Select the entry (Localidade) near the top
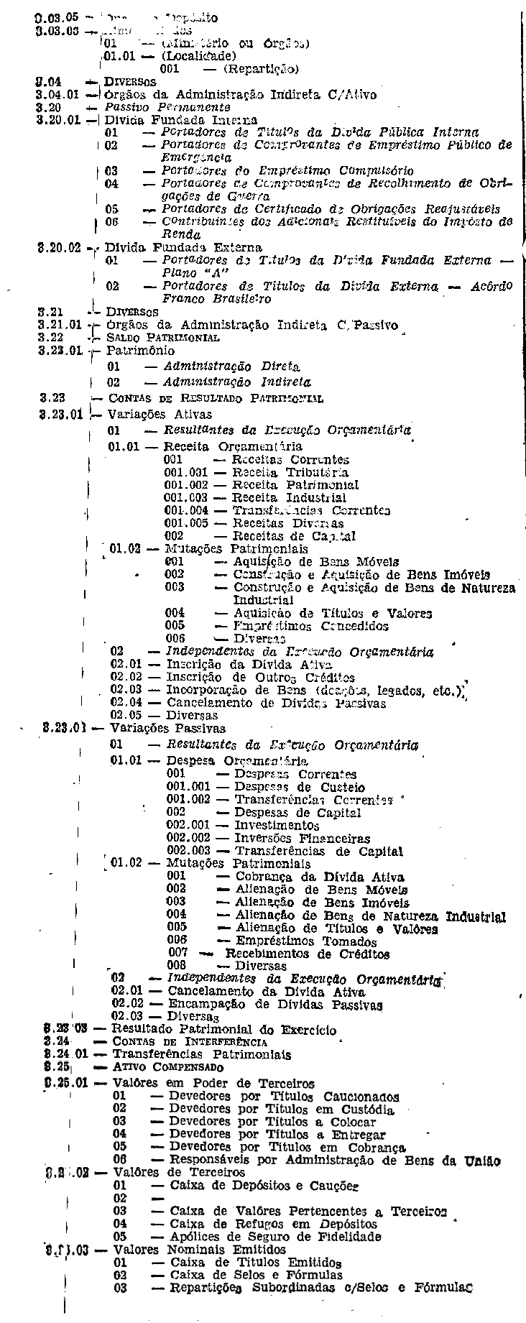point(198,55)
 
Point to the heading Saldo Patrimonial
point(153,337)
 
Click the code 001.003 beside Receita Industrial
point(185,497)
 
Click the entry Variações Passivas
point(154,727)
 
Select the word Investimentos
point(277,826)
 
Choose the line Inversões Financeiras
point(303,839)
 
